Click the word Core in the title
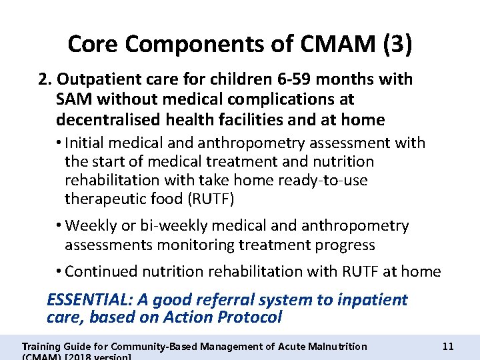tap(93, 45)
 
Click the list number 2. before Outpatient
tap(45, 79)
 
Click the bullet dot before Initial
tap(59, 143)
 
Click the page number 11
tap(448, 346)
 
